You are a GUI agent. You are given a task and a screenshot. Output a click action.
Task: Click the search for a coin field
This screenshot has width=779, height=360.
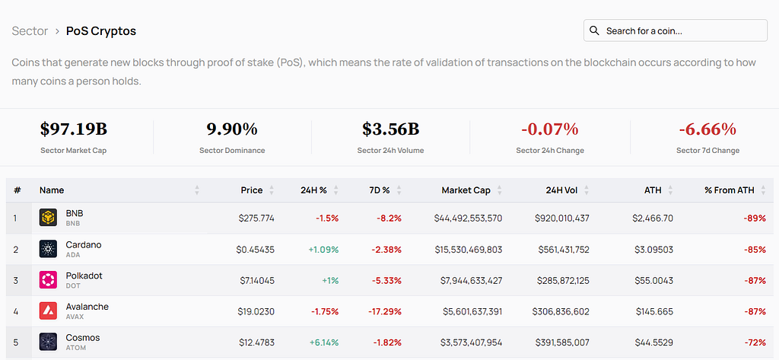[676, 31]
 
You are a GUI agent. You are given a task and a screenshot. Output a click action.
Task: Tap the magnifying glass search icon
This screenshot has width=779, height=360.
[594, 31]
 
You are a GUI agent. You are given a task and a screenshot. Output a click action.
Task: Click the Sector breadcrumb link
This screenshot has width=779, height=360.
[30, 31]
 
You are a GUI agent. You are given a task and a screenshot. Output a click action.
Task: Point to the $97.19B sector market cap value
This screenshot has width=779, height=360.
[74, 129]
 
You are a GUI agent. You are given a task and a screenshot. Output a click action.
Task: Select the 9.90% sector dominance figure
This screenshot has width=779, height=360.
[232, 129]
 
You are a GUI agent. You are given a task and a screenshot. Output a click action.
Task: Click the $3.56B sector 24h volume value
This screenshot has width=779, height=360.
[390, 129]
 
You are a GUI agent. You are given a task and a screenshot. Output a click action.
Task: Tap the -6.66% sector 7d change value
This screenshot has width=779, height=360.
[707, 129]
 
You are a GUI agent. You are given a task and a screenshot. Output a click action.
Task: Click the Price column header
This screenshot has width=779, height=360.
[252, 190]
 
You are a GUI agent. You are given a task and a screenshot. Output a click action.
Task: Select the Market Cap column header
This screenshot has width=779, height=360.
[466, 190]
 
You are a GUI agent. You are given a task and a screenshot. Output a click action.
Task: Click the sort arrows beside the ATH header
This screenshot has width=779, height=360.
[670, 190]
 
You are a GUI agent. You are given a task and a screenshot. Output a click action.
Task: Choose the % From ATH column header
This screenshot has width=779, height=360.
[730, 190]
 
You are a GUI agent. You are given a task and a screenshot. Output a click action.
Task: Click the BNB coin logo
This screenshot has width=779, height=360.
[48, 218]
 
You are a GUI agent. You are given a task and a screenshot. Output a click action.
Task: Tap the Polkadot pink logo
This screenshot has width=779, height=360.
[48, 280]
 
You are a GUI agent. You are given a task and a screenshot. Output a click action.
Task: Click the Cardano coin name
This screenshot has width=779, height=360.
[84, 244]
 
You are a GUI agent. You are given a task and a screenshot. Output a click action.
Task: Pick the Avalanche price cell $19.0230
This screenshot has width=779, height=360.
[256, 312]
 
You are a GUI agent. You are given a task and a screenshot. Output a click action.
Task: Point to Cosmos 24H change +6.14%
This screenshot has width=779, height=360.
[324, 342]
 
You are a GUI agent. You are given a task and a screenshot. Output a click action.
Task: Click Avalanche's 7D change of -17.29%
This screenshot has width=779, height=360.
[385, 312]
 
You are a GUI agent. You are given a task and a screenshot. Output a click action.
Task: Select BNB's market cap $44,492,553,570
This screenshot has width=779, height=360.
[468, 218]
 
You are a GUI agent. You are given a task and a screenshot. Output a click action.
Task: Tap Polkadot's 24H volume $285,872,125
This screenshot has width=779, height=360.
[563, 280]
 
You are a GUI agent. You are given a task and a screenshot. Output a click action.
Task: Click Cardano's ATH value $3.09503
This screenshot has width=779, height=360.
[653, 249]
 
